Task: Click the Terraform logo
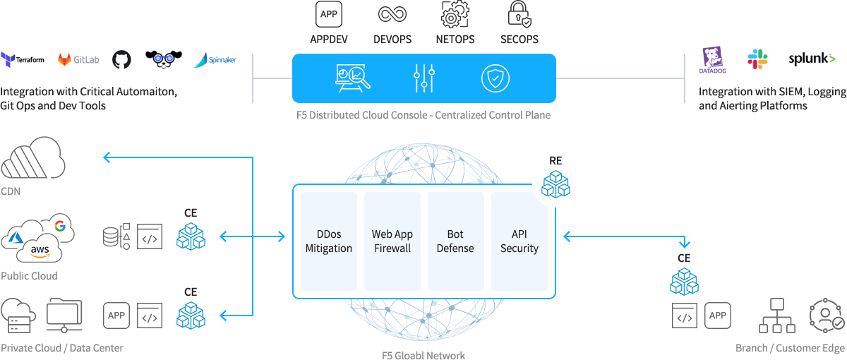[23, 59]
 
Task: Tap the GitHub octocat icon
[121, 59]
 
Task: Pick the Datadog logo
[712, 60]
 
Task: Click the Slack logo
[758, 59]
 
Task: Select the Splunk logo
[812, 59]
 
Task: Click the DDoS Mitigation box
[329, 241]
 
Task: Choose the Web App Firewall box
[392, 241]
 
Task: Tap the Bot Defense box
[455, 241]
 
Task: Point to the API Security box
[519, 241]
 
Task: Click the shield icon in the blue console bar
[495, 78]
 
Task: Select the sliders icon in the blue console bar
[423, 78]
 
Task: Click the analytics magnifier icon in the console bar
[353, 78]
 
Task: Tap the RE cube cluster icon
[555, 184]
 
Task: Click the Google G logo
[59, 226]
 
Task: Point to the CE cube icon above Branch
[684, 281]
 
